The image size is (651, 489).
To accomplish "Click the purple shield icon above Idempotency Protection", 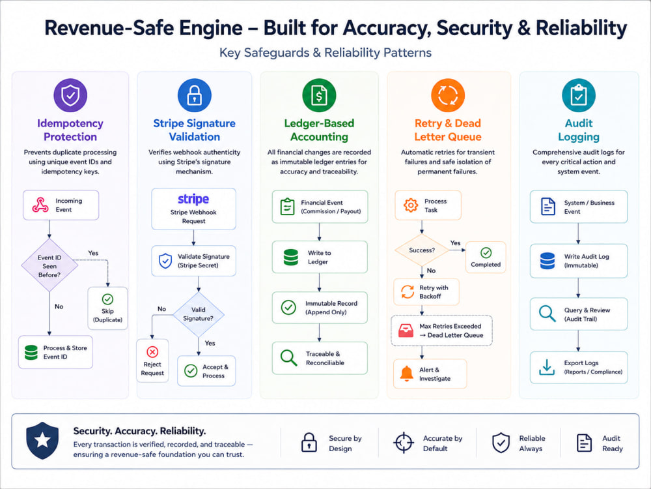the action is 70,95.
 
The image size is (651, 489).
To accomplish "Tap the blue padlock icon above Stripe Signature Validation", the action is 194,95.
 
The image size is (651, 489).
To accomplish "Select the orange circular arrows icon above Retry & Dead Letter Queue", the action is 448,95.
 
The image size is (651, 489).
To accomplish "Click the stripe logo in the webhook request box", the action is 193,199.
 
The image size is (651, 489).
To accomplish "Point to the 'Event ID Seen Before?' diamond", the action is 49,265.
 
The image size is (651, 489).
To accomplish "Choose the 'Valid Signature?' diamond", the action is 199,314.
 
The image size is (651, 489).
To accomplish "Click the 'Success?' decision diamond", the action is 422,250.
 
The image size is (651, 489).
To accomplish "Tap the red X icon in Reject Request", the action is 152,352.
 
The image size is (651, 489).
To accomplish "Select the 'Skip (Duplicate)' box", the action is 107,308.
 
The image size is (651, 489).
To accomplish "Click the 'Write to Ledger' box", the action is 320,257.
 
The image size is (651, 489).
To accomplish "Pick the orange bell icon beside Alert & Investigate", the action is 406,374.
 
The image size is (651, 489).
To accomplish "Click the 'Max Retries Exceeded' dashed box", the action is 442,331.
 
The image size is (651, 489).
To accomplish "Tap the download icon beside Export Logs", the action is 547,367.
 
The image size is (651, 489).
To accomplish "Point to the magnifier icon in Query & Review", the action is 547,314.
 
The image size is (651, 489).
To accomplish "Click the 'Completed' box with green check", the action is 486,258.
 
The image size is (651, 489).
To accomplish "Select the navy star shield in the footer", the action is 42,441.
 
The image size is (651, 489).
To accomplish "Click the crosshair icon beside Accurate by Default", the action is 404,443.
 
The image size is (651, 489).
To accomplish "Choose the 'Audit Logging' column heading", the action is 579,130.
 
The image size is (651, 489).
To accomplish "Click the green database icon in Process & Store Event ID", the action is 31,352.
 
